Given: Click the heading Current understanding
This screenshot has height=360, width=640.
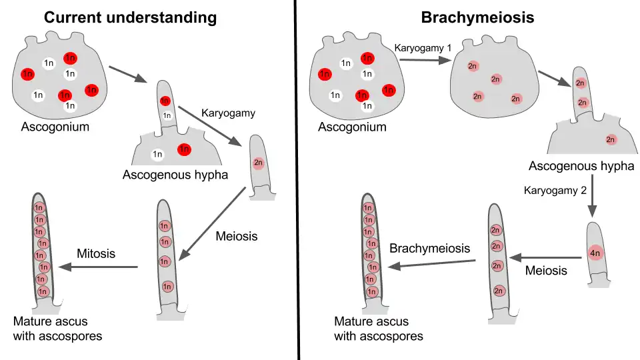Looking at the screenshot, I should point(130,17).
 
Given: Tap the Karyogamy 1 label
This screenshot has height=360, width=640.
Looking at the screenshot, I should point(423,49).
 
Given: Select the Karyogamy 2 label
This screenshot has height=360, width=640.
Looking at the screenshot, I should point(555,190).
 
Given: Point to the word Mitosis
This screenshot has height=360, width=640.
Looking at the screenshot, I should point(96,253).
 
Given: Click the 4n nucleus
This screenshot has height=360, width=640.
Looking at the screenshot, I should point(595,253).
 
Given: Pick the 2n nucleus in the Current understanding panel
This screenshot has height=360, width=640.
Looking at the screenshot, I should point(259,162).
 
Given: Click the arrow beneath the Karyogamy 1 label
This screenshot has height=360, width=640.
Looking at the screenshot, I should point(423,60).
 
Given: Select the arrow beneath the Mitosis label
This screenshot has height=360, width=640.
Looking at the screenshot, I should point(97,267).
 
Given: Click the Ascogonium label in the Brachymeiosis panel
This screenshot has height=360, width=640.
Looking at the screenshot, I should point(352,127).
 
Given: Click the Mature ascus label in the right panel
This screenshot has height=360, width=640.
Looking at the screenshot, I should point(378,329).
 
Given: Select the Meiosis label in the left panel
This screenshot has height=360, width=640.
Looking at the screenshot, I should point(236,236).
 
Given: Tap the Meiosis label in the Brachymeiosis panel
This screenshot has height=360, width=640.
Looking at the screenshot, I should point(546,270).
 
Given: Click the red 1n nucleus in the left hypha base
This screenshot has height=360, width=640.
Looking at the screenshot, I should point(184,149).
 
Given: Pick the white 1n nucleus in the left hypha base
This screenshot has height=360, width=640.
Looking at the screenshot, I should point(158,155).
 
